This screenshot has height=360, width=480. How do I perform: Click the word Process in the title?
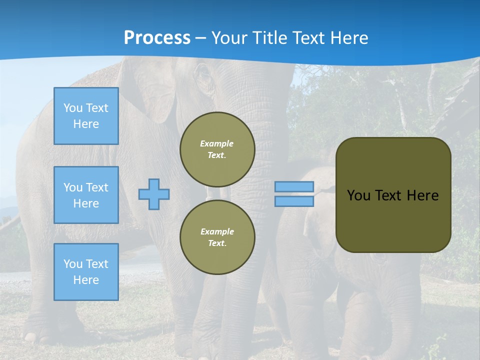[157, 38]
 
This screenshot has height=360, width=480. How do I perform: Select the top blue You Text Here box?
[86, 116]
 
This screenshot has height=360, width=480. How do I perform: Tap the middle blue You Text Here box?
[86, 195]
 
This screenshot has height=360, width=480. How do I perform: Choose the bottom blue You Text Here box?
[86, 272]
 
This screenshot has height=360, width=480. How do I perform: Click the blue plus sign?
[154, 194]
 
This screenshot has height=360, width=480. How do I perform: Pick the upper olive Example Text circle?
[217, 149]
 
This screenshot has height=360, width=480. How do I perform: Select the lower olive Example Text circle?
[217, 237]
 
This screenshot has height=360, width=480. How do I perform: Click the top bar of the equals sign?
[294, 187]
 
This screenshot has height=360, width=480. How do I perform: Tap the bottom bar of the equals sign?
[294, 201]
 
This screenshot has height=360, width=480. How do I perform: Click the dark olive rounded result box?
[393, 220]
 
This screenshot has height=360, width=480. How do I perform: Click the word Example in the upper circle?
[217, 143]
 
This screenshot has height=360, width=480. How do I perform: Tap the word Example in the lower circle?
[217, 231]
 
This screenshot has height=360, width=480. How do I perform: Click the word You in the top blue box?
[73, 108]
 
